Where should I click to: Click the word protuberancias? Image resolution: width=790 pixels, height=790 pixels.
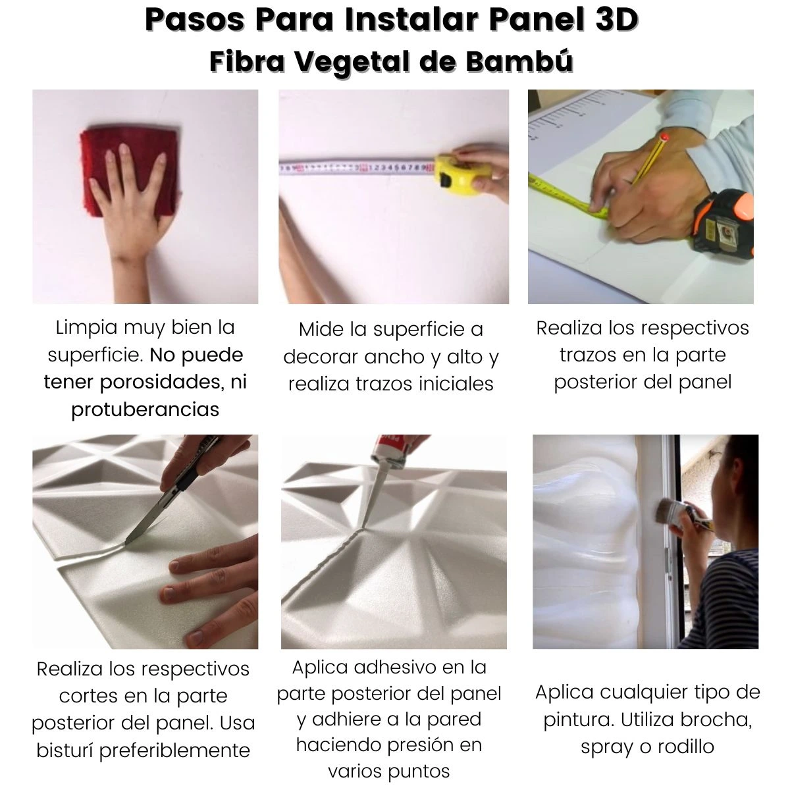click(x=145, y=409)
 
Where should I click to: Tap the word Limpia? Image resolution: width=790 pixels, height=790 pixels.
click(x=86, y=328)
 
